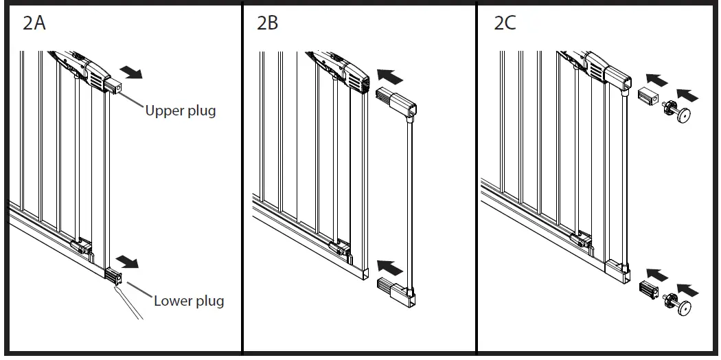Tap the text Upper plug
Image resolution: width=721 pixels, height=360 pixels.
pos(180,111)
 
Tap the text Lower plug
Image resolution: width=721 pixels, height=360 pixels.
pos(189,301)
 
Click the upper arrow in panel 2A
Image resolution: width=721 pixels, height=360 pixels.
pos(130,72)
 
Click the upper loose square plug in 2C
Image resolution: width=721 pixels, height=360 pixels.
pos(648,95)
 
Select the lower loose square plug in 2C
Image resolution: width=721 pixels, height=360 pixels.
pos(649,289)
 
